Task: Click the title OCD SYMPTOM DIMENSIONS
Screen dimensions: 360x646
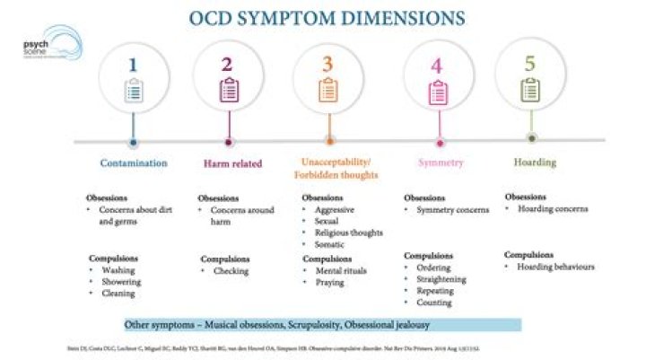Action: pyautogui.click(x=327, y=18)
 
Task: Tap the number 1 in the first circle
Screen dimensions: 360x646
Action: pyautogui.click(x=134, y=65)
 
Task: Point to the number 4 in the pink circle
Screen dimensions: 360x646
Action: pyautogui.click(x=437, y=66)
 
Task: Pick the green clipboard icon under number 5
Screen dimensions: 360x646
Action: pyautogui.click(x=531, y=89)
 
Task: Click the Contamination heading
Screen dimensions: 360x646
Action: pyautogui.click(x=134, y=163)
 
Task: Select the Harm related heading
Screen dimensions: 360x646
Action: pyautogui.click(x=229, y=163)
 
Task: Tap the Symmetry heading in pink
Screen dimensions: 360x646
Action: pyautogui.click(x=440, y=162)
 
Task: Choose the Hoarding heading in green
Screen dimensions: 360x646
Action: pyautogui.click(x=535, y=162)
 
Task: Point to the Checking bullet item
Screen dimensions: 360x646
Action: pyautogui.click(x=231, y=271)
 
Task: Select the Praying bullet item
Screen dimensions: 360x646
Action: pyautogui.click(x=330, y=282)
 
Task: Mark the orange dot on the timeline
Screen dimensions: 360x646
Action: pyautogui.click(x=329, y=141)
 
